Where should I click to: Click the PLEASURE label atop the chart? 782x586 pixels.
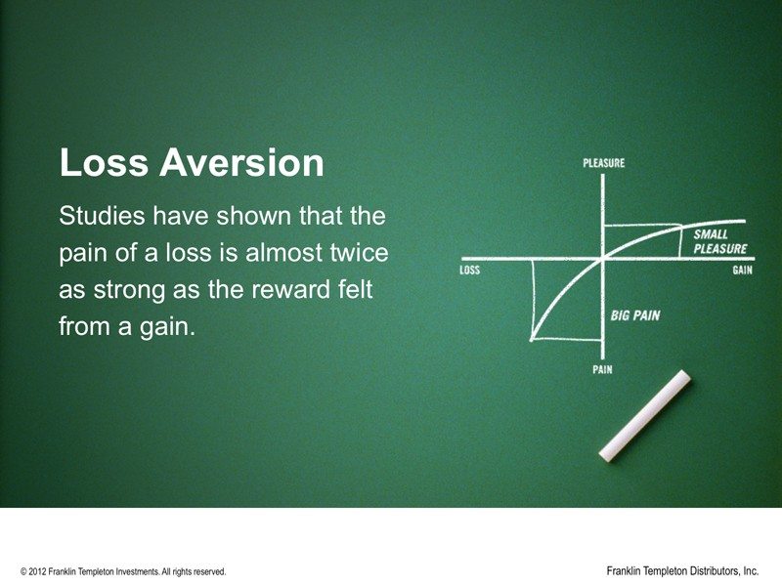603,163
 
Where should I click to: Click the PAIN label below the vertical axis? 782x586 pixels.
603,370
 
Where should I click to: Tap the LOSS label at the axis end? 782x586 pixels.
469,271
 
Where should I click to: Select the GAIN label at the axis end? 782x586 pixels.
743,271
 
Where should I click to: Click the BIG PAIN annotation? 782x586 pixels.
635,315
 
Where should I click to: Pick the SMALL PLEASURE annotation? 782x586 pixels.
718,242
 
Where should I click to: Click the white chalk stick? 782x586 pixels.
645,415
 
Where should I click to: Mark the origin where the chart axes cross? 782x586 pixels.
604,259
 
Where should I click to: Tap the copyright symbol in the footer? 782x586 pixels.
23,571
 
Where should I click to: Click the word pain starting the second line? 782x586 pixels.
81,253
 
